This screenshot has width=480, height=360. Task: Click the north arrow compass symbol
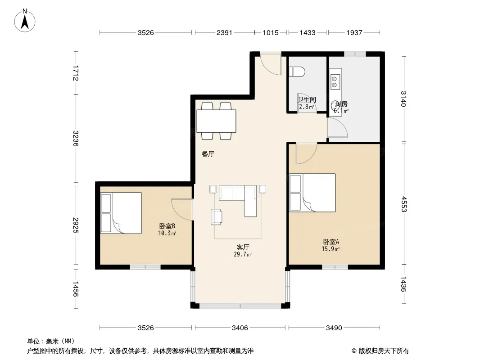[25, 21]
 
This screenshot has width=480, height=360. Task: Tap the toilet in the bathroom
[297, 72]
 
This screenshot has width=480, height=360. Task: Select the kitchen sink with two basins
[335, 79]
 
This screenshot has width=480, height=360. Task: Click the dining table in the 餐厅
[216, 121]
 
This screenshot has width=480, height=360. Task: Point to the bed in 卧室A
[312, 193]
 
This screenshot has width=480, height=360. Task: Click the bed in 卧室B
[121, 213]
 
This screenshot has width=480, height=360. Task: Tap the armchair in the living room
[217, 216]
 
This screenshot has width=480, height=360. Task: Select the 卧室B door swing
[182, 209]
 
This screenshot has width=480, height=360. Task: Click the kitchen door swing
[338, 127]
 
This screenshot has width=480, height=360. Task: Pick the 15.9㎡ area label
[331, 249]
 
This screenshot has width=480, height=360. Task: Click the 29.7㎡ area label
[243, 255]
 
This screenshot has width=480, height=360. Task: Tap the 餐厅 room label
[208, 154]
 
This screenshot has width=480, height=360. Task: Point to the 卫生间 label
[307, 99]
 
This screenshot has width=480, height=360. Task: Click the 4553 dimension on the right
[404, 204]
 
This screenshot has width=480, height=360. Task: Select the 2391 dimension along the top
[224, 33]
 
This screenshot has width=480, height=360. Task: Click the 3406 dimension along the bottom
[240, 328]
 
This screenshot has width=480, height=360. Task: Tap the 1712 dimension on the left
[75, 73]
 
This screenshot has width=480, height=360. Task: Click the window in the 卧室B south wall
[145, 267]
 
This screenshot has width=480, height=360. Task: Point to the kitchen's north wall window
[355, 54]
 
